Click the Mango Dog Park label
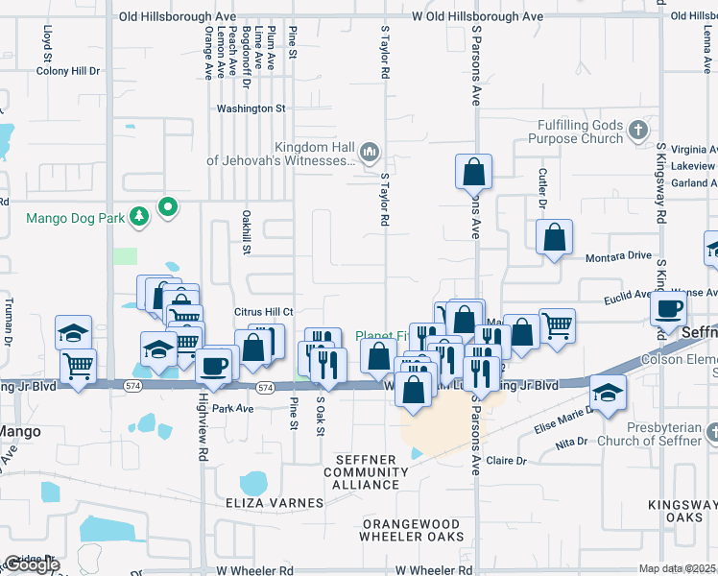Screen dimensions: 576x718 75,218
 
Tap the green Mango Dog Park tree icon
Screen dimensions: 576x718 140,217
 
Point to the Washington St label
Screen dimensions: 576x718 251,108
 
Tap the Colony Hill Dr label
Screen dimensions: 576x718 67,71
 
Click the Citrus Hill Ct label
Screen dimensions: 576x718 263,312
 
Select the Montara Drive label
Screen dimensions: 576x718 618,257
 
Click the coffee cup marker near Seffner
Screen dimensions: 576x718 668,308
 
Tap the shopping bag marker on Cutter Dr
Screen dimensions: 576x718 555,237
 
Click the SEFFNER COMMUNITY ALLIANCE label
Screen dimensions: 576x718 360,472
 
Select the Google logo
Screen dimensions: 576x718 32,565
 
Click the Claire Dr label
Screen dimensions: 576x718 508,461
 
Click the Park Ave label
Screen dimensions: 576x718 232,408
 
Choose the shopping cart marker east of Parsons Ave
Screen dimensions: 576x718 557,325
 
